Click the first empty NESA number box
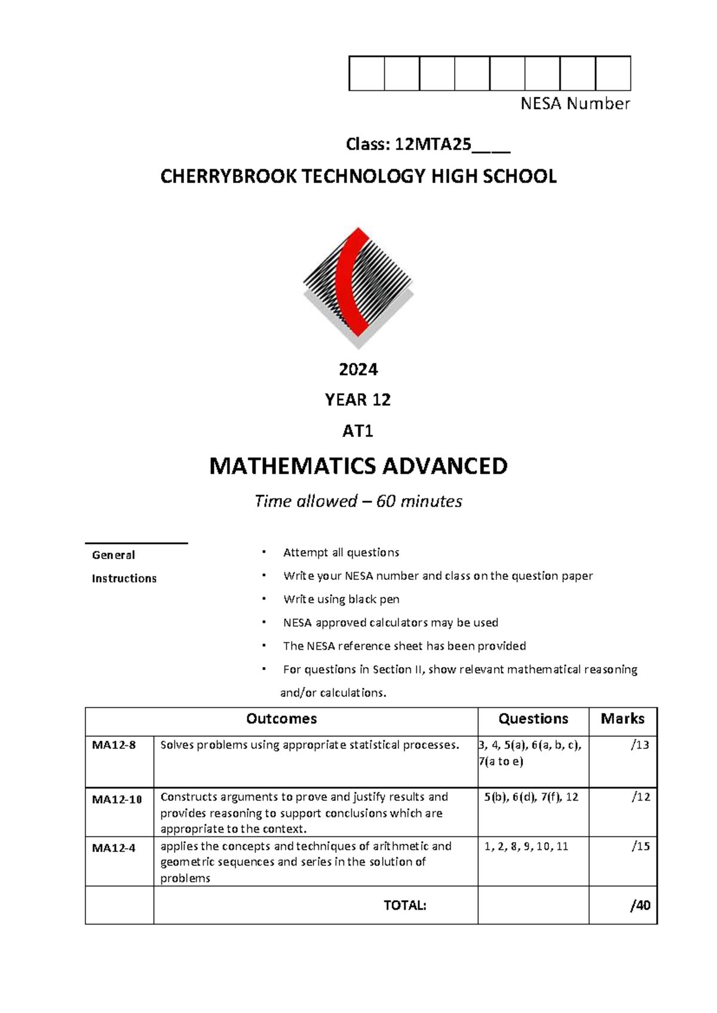[366, 73]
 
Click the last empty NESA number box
[613, 73]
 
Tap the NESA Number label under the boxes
[575, 104]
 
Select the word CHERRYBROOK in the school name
[228, 177]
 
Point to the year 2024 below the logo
[358, 370]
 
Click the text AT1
[357, 431]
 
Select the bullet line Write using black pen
[341, 599]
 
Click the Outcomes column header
[281, 719]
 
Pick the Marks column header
[622, 719]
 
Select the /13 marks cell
[639, 745]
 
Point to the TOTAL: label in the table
[405, 905]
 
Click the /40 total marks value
[639, 905]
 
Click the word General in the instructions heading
[113, 555]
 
